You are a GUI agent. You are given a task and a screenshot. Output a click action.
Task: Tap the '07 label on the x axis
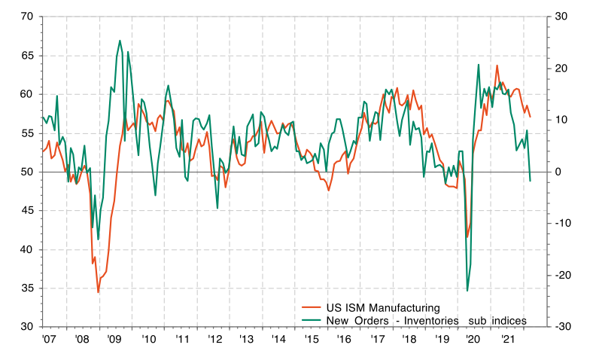click(x=50, y=340)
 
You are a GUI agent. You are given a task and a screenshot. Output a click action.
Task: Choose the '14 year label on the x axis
click(x=278, y=340)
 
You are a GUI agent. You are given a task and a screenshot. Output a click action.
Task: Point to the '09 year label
click(x=115, y=340)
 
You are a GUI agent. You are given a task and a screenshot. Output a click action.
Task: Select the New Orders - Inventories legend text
click(x=425, y=321)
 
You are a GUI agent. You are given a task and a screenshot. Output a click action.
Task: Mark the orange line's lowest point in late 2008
click(x=99, y=292)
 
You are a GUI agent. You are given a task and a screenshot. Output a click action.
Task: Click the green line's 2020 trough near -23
click(x=467, y=291)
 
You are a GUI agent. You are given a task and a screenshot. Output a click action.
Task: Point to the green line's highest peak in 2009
click(x=120, y=41)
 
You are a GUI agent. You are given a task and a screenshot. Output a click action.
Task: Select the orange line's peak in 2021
click(x=497, y=66)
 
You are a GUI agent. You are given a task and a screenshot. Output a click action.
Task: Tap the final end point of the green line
click(x=531, y=181)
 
